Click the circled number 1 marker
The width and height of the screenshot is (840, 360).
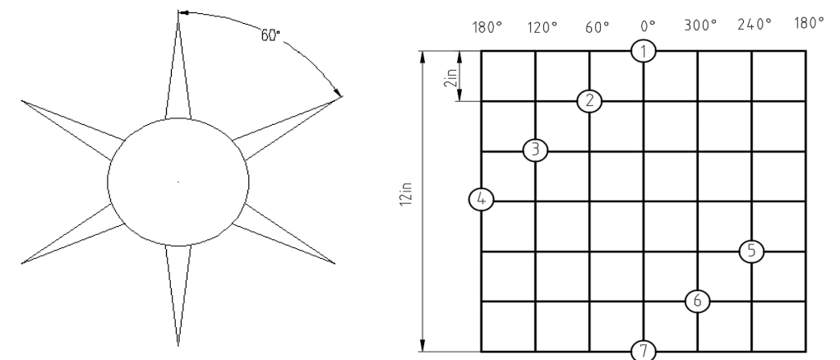[644, 52]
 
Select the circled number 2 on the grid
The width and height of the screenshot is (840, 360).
[590, 101]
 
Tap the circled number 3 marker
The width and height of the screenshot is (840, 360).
[535, 150]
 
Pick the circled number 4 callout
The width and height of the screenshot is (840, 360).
[481, 200]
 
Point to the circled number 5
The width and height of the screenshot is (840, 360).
[751, 251]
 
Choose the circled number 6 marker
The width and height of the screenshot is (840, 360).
[698, 301]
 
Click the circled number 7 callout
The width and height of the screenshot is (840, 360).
[644, 351]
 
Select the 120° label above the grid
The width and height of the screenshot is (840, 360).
[542, 27]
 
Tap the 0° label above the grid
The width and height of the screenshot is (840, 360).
[648, 26]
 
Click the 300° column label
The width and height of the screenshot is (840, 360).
[700, 25]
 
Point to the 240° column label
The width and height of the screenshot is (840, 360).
[755, 25]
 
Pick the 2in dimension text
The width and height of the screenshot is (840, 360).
[453, 77]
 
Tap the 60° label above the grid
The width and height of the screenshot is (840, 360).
[597, 27]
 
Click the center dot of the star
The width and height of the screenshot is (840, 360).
[178, 182]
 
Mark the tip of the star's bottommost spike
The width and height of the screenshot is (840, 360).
[178, 346]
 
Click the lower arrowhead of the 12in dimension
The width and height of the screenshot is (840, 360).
[422, 345]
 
